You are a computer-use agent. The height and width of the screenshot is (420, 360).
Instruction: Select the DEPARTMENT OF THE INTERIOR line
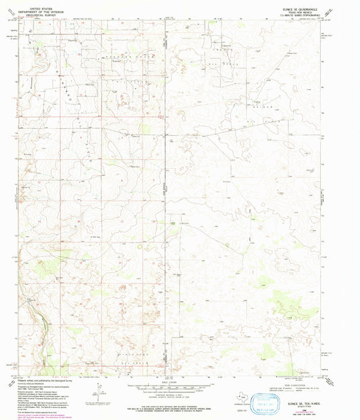point(37,8)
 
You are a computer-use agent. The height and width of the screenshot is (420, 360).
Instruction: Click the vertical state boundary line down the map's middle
point(166,203)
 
